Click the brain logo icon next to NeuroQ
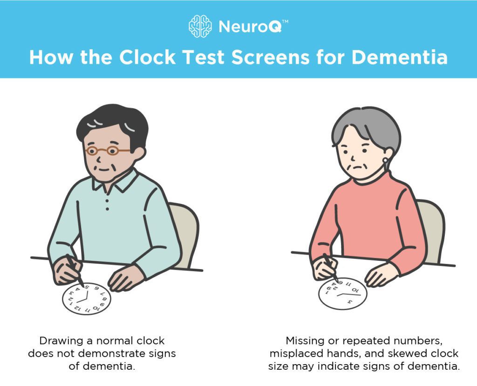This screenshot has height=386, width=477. pos(200,26)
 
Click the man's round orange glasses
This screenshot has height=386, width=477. pos(109,150)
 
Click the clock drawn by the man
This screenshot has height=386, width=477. pos(87,298)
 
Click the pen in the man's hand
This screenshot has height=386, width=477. pos(75,270)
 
